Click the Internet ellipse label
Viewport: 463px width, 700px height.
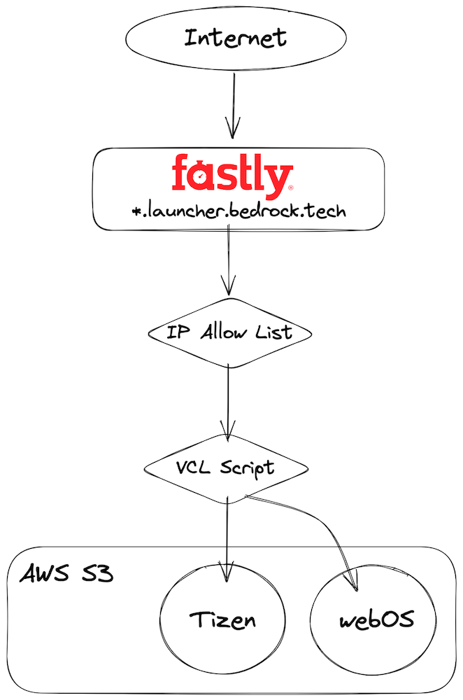coord(235,38)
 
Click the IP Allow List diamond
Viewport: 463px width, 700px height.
coord(229,333)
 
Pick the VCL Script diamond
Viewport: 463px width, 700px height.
coord(225,468)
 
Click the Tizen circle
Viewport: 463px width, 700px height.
coord(223,619)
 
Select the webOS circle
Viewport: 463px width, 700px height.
coord(376,619)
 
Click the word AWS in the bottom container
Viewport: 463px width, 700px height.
coord(43,575)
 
